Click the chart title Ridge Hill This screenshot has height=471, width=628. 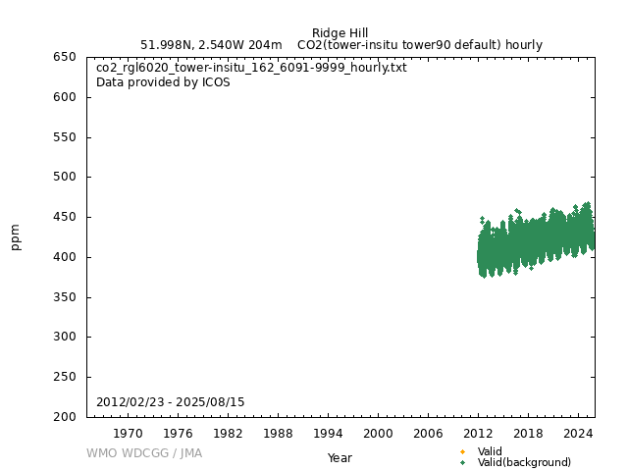point(340,32)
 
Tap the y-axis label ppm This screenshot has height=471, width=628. point(16,236)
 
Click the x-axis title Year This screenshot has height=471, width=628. point(340,458)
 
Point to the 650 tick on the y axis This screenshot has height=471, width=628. point(66,57)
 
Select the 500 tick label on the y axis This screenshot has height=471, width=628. point(66,177)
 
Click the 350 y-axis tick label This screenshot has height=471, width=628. point(66,297)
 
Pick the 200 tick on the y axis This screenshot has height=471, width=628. point(66,417)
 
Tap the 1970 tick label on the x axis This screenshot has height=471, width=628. point(128,433)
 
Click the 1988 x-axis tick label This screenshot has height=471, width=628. point(278,433)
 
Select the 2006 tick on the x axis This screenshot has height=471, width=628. point(428,433)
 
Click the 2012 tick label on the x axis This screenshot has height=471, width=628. point(478,433)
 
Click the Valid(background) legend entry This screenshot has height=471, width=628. point(524,462)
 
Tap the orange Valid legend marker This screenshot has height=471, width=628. point(462,451)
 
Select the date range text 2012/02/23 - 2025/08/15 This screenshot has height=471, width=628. point(171,402)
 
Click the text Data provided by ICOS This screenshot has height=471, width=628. point(163,82)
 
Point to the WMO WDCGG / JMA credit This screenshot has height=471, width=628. point(144,453)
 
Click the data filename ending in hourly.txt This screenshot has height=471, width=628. point(251,68)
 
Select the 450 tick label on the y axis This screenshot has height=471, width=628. point(66,217)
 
